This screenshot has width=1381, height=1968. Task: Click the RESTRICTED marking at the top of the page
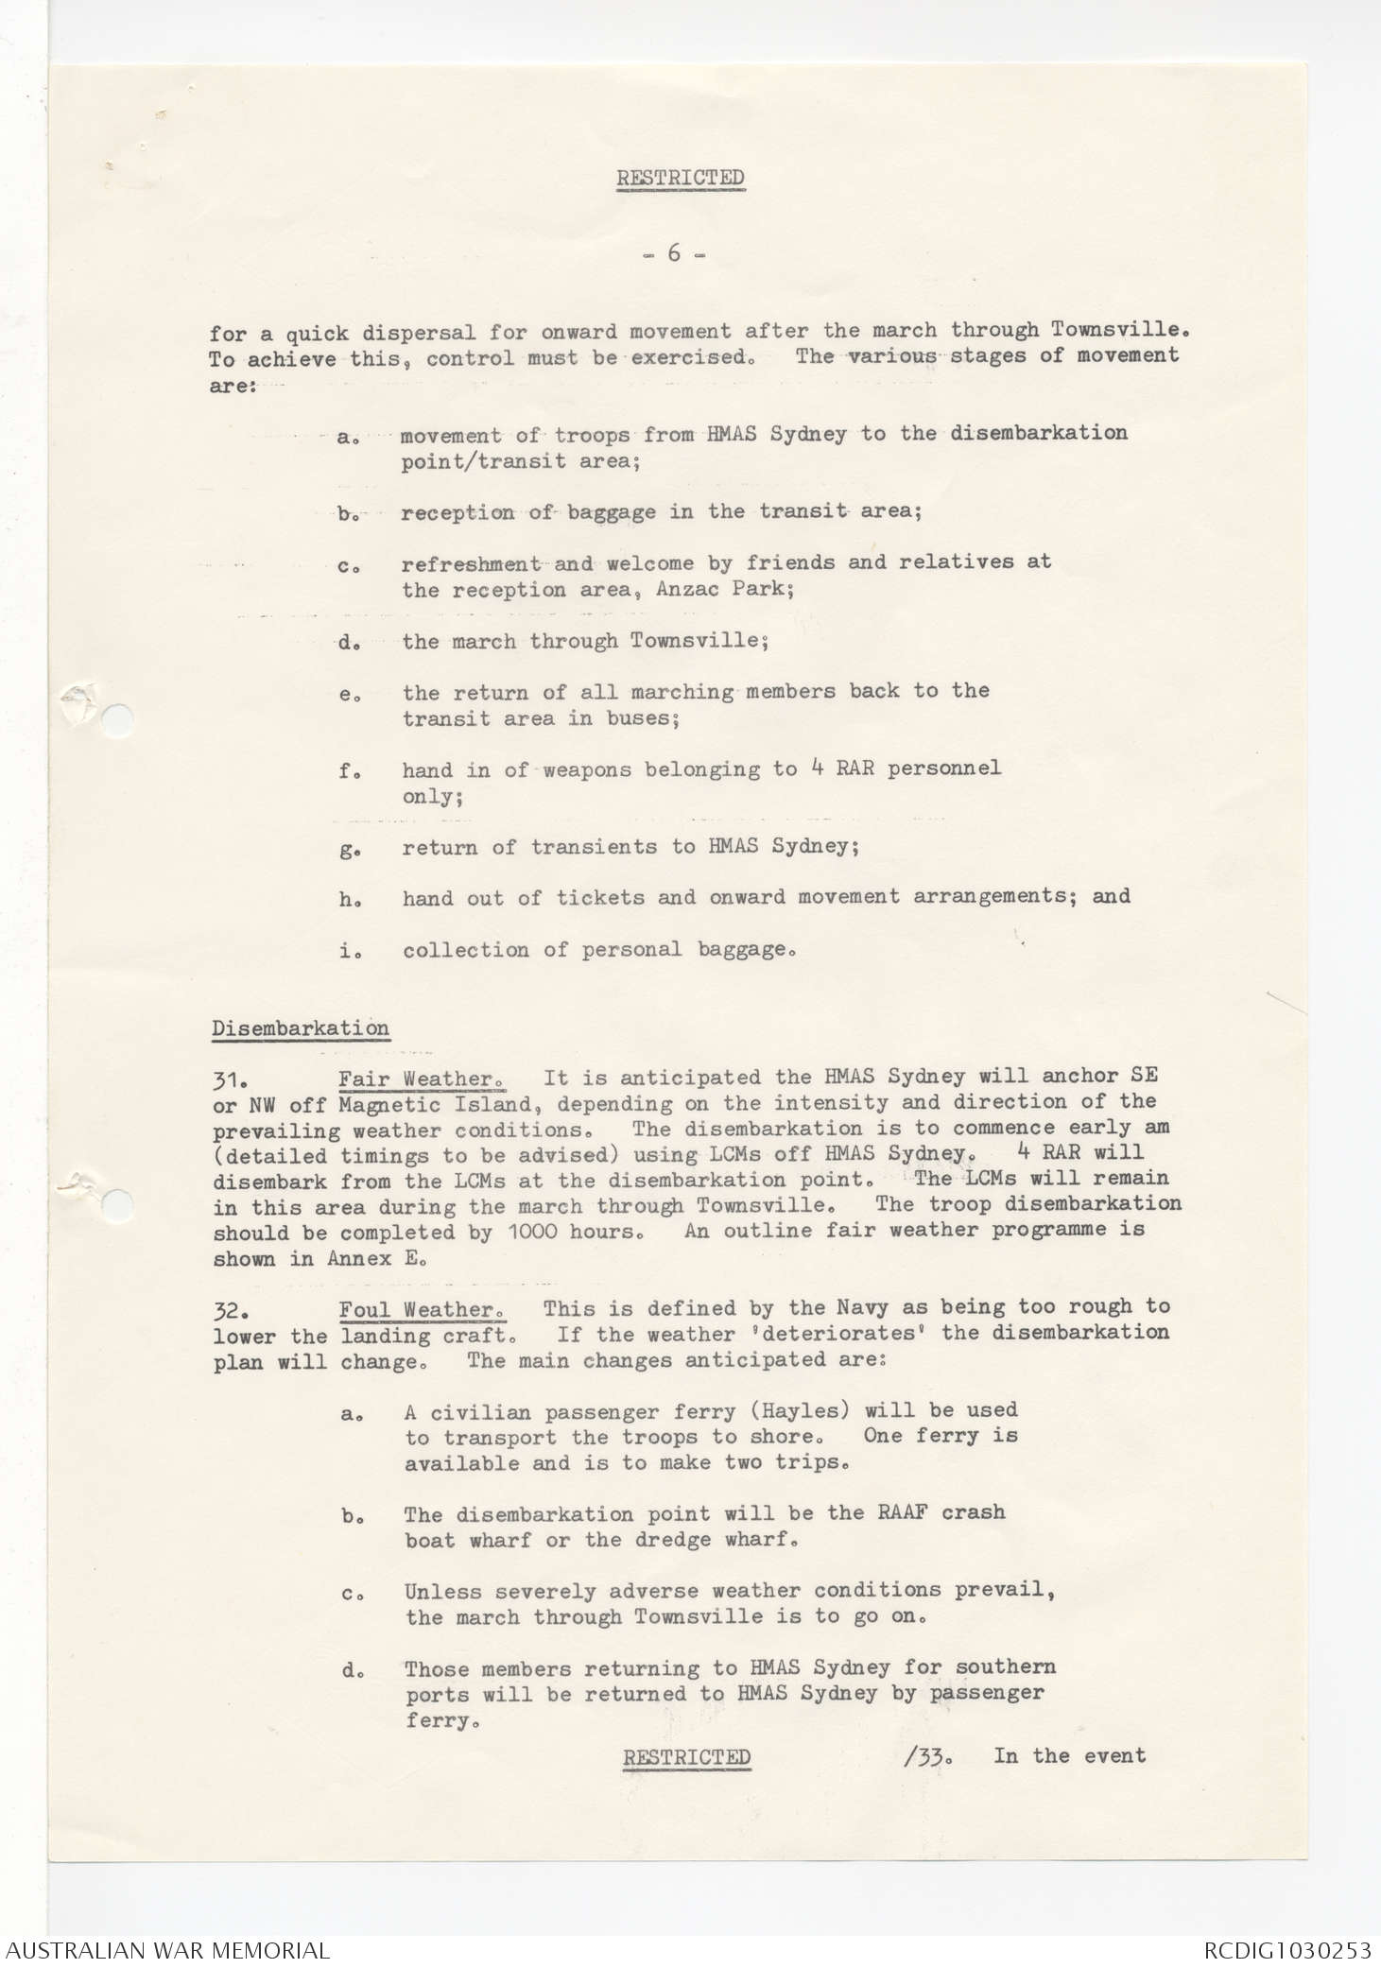(x=681, y=178)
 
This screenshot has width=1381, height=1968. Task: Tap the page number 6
(x=674, y=253)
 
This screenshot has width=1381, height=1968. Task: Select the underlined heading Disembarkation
(x=301, y=1028)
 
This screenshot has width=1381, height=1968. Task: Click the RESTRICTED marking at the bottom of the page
(x=686, y=1756)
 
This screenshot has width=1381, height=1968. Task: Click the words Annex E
(x=377, y=1259)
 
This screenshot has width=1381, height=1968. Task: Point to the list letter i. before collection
(x=348, y=951)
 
